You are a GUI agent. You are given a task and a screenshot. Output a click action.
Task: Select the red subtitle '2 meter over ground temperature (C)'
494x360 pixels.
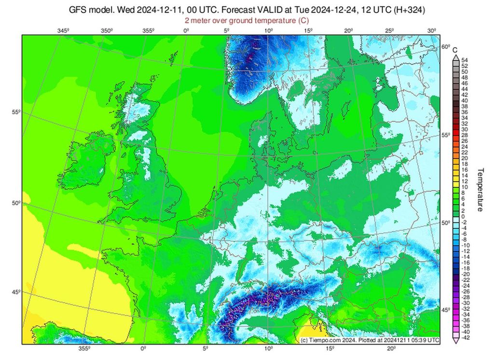247,20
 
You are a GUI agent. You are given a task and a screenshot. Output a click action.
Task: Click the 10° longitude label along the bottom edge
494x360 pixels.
267,348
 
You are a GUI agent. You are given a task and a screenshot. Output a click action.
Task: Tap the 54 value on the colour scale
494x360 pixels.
465,60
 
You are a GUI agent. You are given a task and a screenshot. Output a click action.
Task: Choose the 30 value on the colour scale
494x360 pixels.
465,129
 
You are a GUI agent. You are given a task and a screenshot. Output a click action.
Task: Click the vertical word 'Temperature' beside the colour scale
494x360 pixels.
480,190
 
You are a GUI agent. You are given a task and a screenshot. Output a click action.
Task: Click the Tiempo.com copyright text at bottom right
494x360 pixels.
369,340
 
